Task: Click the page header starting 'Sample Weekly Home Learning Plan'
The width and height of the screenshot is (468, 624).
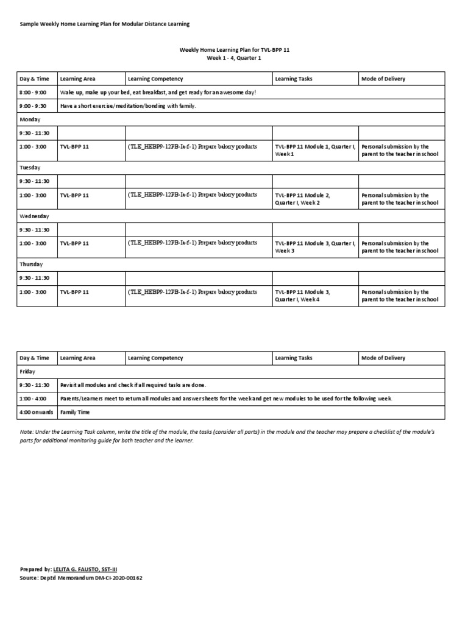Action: click(105, 24)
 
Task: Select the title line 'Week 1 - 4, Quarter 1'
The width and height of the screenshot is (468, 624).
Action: click(234, 59)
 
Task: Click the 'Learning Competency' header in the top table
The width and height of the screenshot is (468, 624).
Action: click(155, 79)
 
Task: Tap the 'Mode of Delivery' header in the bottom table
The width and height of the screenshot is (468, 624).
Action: click(383, 358)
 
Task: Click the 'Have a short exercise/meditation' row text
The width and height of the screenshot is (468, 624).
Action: click(128, 106)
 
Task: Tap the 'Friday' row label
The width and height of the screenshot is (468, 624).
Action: click(27, 371)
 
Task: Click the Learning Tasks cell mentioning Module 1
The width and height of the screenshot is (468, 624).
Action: click(315, 151)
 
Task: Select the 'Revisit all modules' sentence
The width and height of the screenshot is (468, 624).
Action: click(133, 385)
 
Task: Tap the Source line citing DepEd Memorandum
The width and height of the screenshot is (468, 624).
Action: click(82, 578)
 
